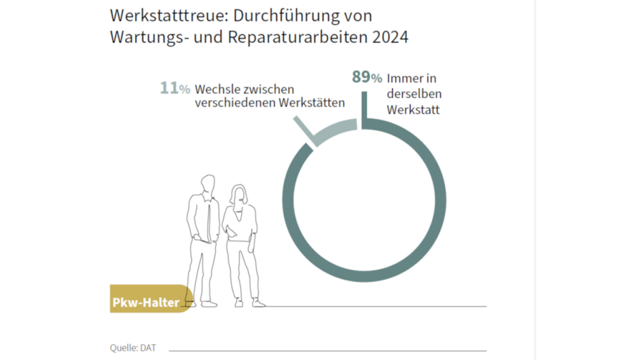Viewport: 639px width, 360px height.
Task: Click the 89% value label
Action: (367, 77)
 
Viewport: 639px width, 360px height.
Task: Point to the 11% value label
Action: (174, 89)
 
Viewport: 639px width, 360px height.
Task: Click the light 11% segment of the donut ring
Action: (335, 132)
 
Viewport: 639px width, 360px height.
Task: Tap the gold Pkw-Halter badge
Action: (145, 302)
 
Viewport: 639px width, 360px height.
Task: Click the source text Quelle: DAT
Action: (133, 348)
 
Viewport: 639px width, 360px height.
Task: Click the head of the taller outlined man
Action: (208, 184)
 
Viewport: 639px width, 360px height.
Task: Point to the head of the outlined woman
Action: (241, 195)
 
